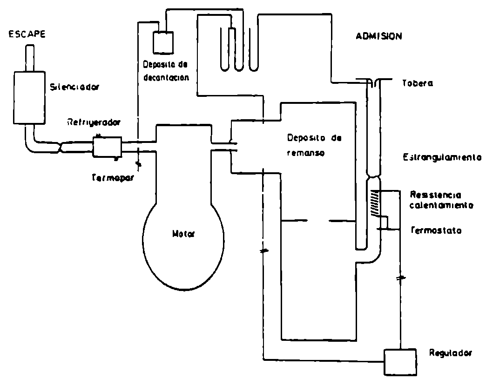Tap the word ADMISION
[378, 36]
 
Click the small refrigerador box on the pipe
[107, 147]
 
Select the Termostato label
[436, 230]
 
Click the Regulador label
[450, 354]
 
